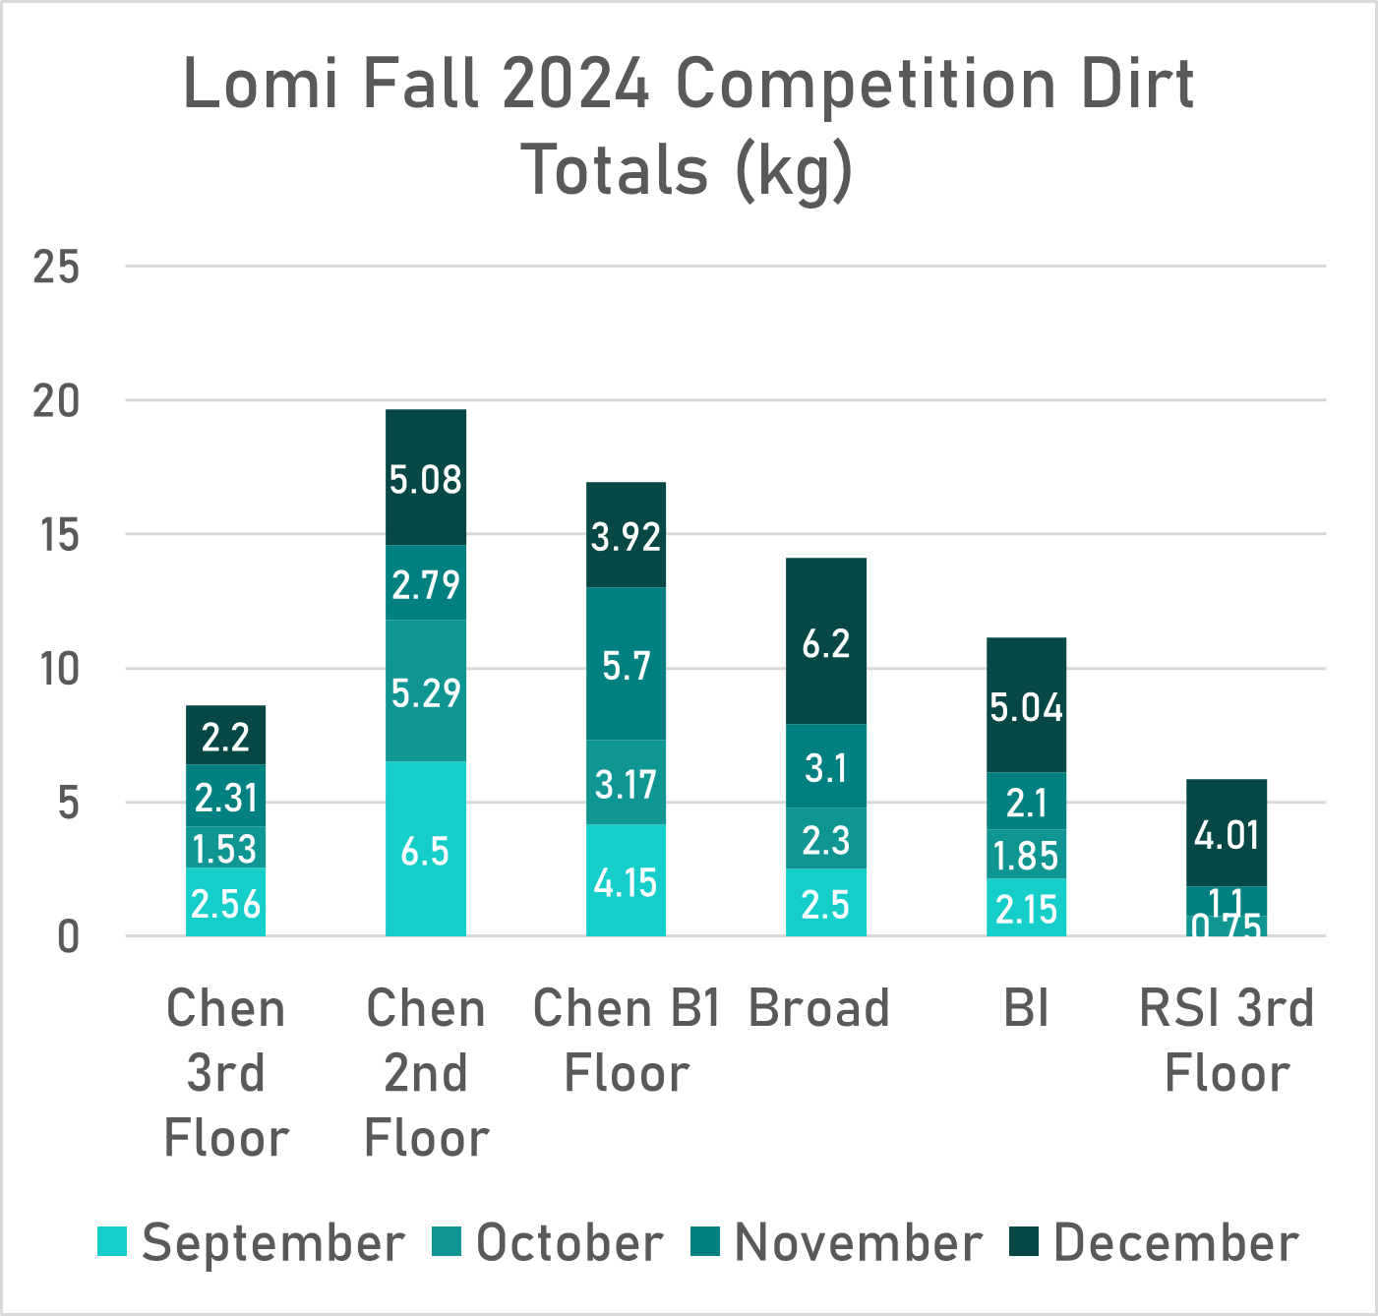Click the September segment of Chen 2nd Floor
[425, 848]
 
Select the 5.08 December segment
[425, 478]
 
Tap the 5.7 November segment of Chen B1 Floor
[626, 664]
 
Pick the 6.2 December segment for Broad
[825, 641]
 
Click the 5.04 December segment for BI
[1026, 705]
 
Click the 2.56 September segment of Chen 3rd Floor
[225, 902]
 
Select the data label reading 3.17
[626, 784]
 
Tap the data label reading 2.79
[425, 584]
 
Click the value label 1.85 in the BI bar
[1026, 856]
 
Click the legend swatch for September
[112, 1242]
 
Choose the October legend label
[569, 1242]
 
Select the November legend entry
[858, 1242]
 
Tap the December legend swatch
[1025, 1242]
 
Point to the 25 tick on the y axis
[56, 266]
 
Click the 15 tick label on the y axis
[56, 535]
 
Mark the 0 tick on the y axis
[67, 937]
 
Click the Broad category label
[818, 1008]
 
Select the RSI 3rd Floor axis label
[1226, 1040]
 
